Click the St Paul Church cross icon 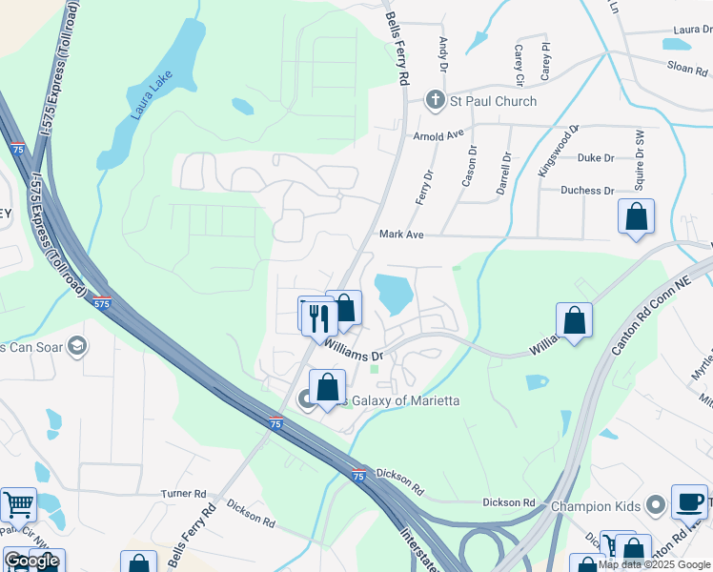tap(435, 100)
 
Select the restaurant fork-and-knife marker tap(319, 316)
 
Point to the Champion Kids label tap(597, 504)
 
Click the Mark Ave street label tap(400, 234)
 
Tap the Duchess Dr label tap(587, 191)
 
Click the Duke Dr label tap(596, 158)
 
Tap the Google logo tap(31, 561)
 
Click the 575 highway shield tap(102, 303)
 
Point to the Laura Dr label tap(693, 30)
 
